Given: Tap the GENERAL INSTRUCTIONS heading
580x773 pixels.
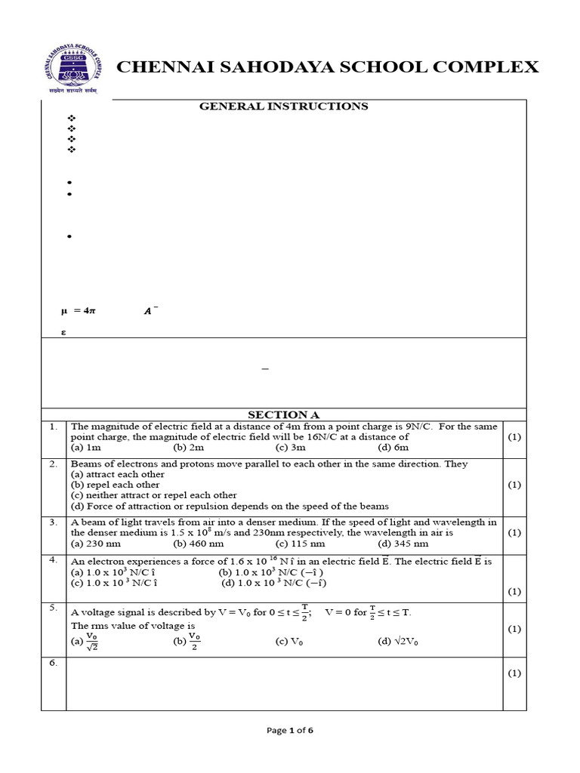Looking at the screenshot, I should coord(283,106).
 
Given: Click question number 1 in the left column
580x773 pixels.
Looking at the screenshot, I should coord(53,427).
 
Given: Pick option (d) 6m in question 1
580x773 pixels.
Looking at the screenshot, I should coord(393,448).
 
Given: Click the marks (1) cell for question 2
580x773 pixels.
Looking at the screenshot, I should coord(514,485).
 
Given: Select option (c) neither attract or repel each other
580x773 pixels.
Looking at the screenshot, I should coord(153,495).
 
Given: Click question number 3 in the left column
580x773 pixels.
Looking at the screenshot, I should coord(53,522).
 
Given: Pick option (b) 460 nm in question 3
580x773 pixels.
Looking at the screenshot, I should coord(198,543).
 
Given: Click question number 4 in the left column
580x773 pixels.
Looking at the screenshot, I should coord(53,560).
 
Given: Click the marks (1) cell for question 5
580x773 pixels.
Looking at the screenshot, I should coord(514,628).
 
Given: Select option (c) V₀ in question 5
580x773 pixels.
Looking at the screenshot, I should coord(289,642).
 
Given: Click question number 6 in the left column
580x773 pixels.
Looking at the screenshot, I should coord(53,663).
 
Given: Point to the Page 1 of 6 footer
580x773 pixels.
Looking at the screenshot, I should coord(290,730).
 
